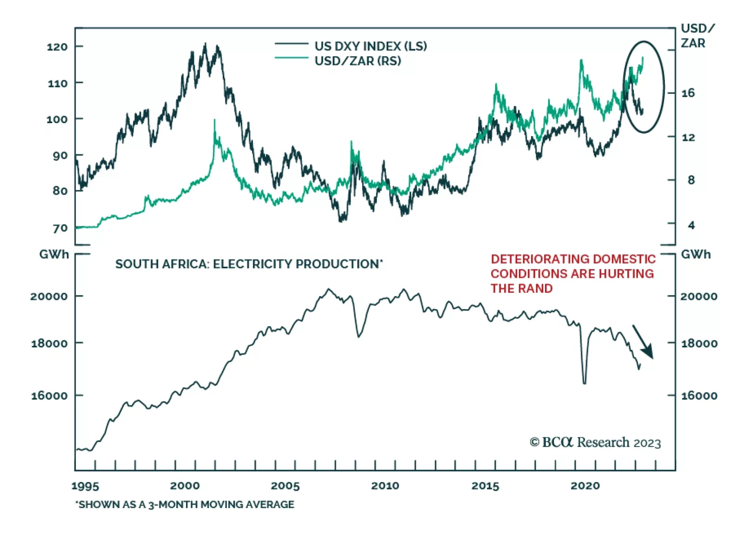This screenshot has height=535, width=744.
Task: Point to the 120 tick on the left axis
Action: pos(57,46)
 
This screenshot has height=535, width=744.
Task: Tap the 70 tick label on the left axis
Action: pos(60,228)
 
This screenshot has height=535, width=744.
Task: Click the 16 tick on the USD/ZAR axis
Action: pos(688,93)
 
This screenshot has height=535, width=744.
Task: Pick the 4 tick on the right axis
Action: pos(691,225)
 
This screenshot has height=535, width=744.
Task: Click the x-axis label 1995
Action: pos(85,486)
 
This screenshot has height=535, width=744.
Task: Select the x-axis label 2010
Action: pos(385,486)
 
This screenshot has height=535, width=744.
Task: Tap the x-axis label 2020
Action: pos(585,486)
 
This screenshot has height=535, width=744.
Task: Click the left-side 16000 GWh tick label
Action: pos(49,396)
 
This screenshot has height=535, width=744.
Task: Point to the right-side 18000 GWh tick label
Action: pos(699,343)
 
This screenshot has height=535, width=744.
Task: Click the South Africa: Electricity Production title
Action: pos(249,264)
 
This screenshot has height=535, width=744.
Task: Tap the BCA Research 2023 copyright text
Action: pos(595,442)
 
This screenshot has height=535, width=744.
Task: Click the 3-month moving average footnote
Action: pos(185,504)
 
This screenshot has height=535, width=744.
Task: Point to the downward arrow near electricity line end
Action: pos(644,342)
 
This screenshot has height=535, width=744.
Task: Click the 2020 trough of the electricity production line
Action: pos(585,383)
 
